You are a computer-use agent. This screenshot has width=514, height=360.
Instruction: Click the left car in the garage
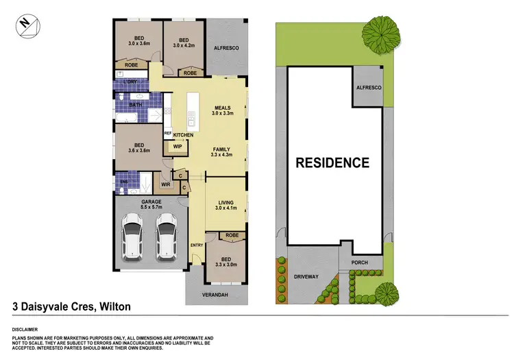[132, 237]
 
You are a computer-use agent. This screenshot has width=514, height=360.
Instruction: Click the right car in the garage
[167, 237]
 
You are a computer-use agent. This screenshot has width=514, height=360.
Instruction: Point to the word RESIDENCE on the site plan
[332, 163]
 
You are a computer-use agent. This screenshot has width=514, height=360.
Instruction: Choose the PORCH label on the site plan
[359, 262]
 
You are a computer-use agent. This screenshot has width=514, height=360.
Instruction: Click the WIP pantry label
[177, 146]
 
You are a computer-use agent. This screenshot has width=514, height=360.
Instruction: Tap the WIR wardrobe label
[165, 184]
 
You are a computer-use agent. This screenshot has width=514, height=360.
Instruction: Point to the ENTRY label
[197, 245]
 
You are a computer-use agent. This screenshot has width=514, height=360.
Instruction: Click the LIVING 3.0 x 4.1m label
[225, 205]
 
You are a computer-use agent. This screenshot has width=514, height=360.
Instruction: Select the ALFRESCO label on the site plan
[369, 88]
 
